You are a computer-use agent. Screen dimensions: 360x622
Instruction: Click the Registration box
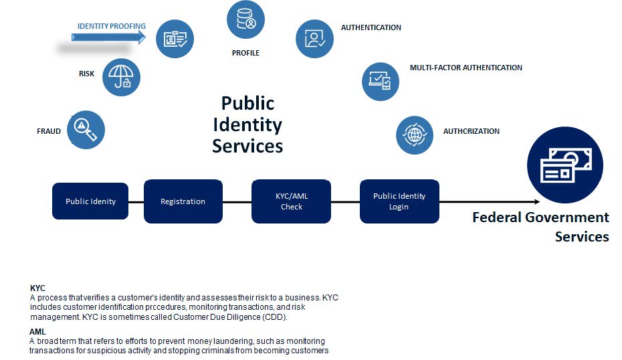pos(183,201)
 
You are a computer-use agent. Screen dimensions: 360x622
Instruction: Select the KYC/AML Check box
pos(291,201)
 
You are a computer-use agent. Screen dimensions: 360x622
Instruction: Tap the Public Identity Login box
pos(399,201)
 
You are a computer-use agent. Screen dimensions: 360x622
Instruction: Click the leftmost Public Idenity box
pos(90,201)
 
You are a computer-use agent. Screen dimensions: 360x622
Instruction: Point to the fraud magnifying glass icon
pos(86,129)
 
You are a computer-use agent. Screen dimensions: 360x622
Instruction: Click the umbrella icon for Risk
pos(121,77)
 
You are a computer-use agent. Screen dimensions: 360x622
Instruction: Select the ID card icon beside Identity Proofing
pos(175,38)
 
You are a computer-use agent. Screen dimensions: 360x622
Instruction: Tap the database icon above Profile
pos(246,19)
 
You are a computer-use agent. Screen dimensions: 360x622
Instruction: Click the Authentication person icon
pos(315,38)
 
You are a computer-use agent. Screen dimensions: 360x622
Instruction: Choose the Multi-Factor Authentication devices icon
pos(381,82)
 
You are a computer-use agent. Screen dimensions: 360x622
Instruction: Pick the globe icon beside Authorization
pos(415,134)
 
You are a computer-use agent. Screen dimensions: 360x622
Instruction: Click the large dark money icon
pos(564,165)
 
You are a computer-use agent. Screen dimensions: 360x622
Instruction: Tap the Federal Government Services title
pos(541,227)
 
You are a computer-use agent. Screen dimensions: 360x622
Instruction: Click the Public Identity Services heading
pos(247,124)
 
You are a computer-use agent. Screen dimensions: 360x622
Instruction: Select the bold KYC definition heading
pos(37,288)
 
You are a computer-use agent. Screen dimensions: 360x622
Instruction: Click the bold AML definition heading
pos(37,331)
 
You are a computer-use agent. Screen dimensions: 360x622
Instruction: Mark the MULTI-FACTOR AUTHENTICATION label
pos(465,68)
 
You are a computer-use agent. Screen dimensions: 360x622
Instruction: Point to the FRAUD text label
pos(49,131)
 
